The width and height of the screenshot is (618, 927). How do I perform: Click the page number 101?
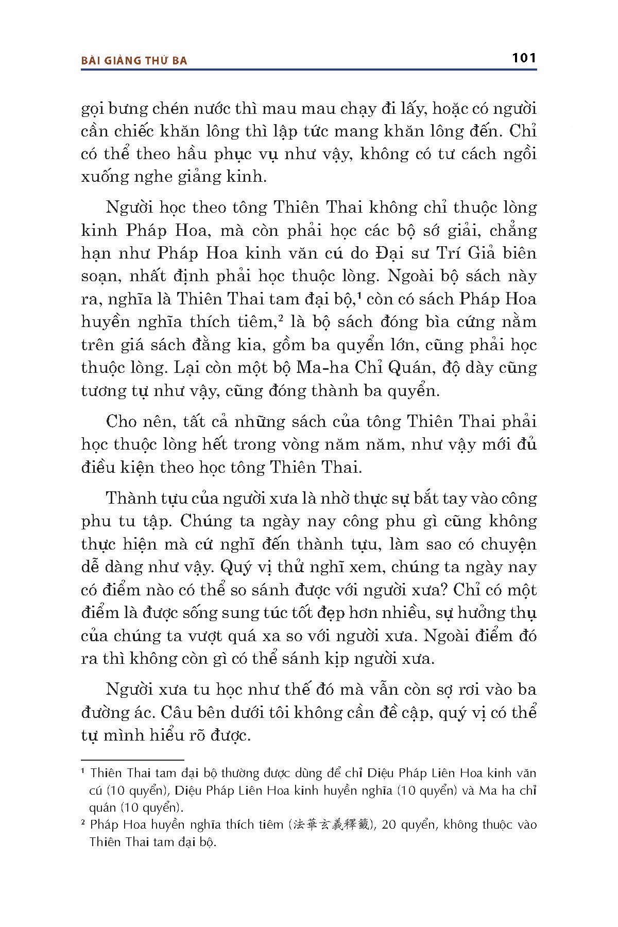[x=524, y=58]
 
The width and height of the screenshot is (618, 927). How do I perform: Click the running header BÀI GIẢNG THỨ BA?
[x=134, y=61]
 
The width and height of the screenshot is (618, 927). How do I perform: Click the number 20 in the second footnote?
[x=391, y=825]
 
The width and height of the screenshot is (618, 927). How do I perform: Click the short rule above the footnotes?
[x=132, y=760]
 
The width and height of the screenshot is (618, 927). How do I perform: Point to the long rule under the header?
[x=308, y=69]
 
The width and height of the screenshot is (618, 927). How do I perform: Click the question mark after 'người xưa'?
[x=448, y=590]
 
